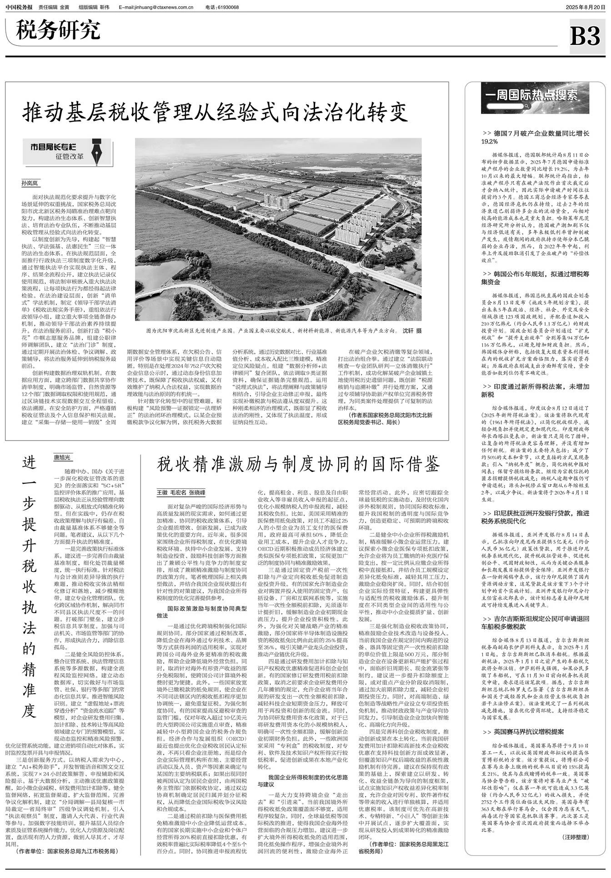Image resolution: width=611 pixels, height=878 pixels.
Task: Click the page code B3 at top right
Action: (x=585, y=36)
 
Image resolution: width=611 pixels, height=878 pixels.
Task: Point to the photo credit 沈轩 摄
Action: (x=411, y=331)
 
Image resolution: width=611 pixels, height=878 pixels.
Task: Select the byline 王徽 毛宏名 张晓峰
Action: (x=181, y=492)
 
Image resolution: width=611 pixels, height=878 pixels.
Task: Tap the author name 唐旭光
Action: (x=63, y=458)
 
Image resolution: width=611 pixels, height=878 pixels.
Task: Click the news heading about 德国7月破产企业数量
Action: (x=536, y=138)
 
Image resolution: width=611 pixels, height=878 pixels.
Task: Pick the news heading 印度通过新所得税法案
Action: (x=536, y=391)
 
